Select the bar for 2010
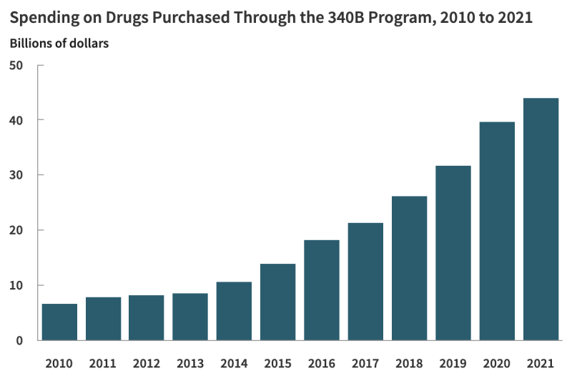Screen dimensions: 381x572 click(x=59, y=322)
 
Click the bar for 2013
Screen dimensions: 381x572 click(x=190, y=317)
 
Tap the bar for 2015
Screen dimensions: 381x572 click(x=277, y=302)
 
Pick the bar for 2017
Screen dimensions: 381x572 click(x=365, y=282)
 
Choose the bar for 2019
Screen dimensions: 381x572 click(x=453, y=253)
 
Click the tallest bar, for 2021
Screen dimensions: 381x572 click(x=541, y=219)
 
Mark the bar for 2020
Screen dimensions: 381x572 click(x=497, y=231)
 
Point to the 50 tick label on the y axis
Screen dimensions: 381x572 click(x=16, y=66)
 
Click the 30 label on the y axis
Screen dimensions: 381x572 click(x=16, y=175)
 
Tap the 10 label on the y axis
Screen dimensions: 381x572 click(x=16, y=285)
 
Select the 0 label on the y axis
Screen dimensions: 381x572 click(x=20, y=340)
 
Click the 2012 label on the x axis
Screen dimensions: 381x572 click(x=147, y=363)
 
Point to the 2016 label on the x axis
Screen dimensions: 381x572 click(x=322, y=363)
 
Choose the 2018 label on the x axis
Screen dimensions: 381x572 click(x=409, y=363)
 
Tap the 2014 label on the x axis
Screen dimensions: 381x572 click(x=234, y=363)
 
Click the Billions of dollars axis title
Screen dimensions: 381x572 click(x=59, y=44)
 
